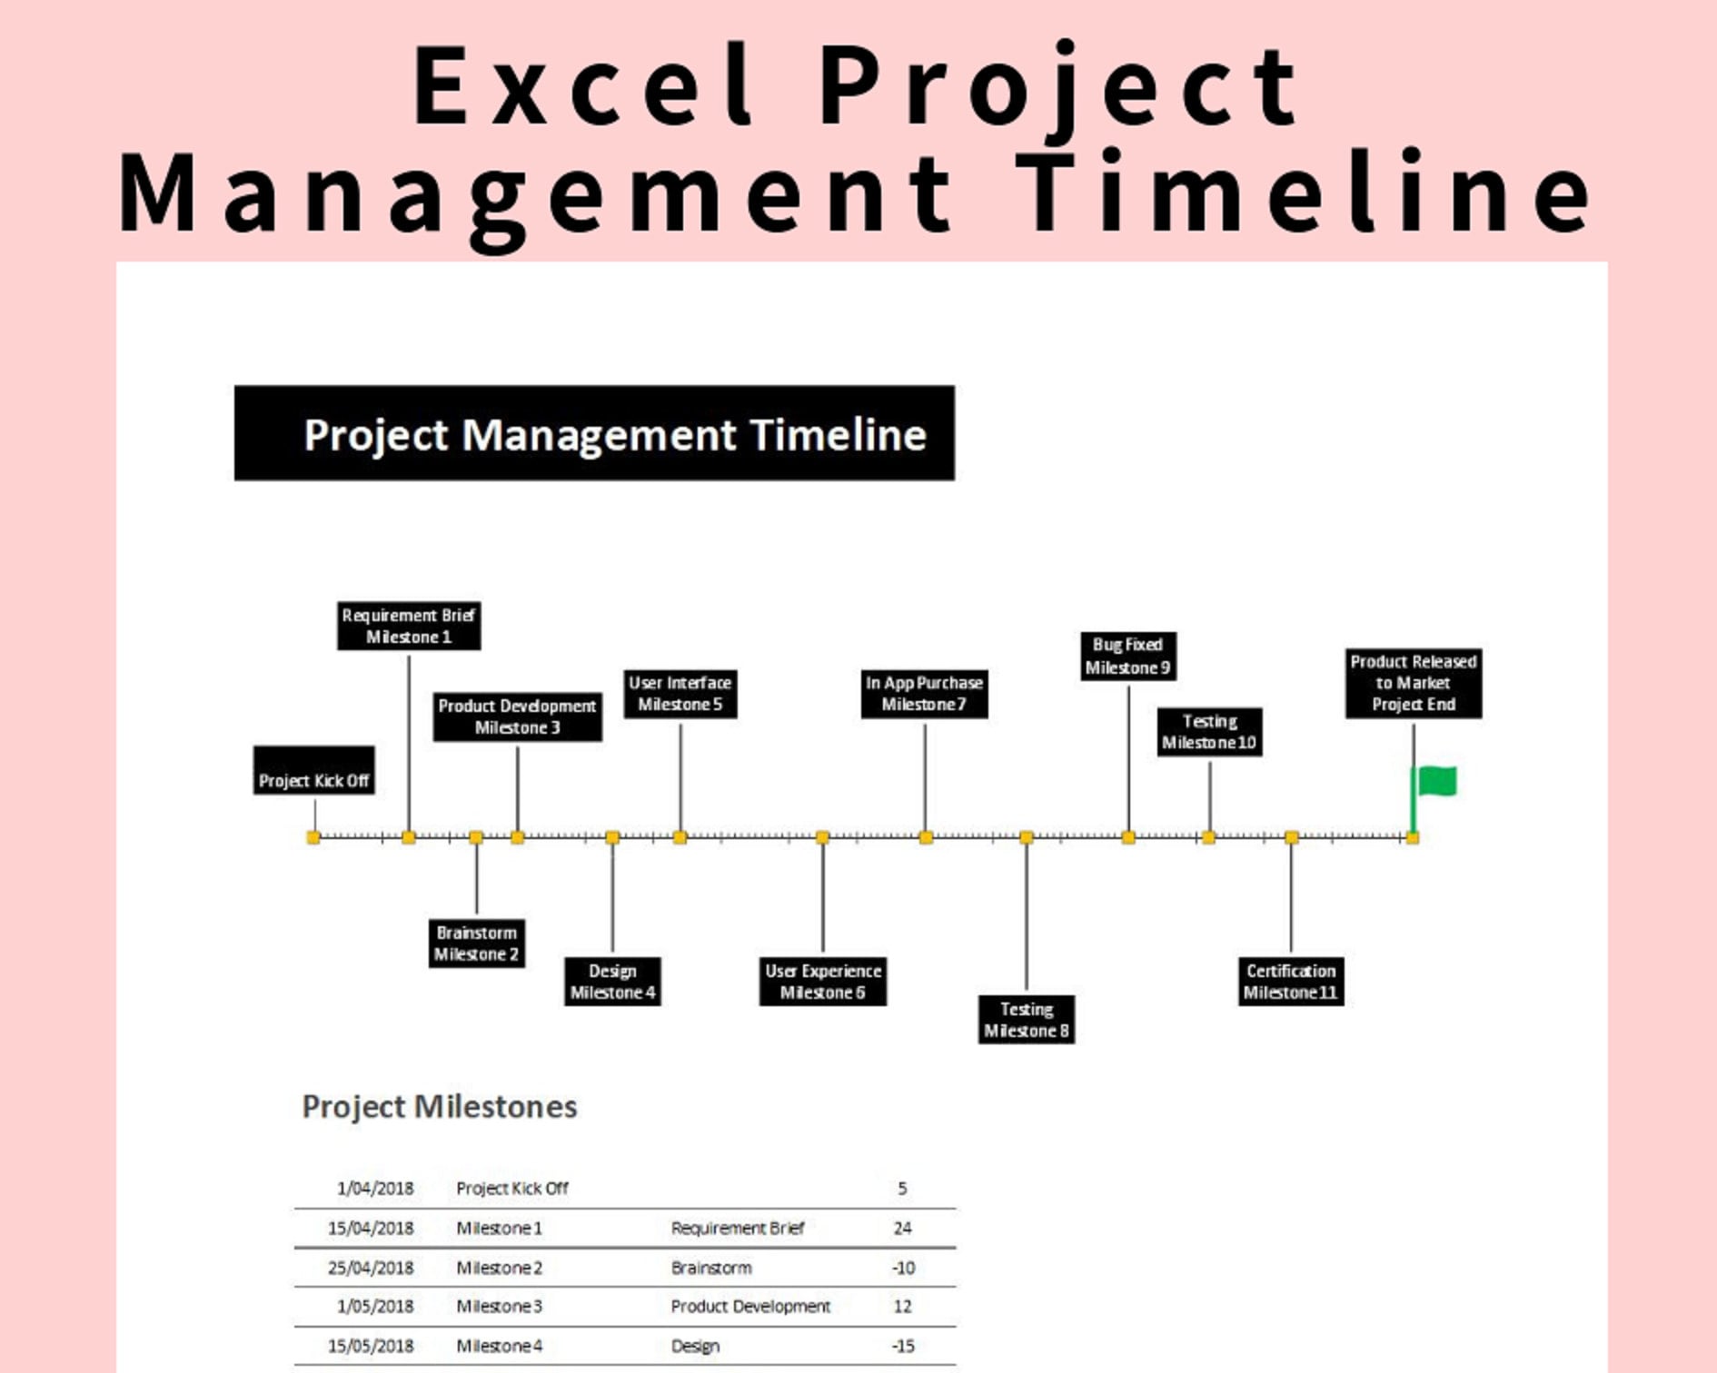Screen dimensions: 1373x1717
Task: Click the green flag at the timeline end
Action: (x=1435, y=781)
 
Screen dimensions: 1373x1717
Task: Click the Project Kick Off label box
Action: (x=313, y=771)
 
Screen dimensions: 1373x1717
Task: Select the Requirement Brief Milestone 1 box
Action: (x=408, y=626)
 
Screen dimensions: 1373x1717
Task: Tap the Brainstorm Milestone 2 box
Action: (x=476, y=943)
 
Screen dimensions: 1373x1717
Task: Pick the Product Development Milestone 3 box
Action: (x=517, y=716)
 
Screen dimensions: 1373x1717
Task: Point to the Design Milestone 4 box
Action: (x=612, y=982)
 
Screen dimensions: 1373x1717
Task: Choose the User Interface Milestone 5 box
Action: (x=680, y=694)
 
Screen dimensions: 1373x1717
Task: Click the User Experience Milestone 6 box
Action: (x=822, y=982)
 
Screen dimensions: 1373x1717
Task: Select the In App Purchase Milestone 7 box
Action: (x=924, y=694)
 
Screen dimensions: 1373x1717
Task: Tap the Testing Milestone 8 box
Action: (x=1027, y=1020)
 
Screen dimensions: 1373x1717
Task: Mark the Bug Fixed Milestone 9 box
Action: (x=1128, y=656)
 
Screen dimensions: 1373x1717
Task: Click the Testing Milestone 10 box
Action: (x=1209, y=732)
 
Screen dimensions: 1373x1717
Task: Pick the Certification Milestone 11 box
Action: (x=1290, y=982)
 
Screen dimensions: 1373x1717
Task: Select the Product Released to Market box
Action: (x=1413, y=683)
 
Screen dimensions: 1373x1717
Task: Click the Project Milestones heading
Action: (x=439, y=1107)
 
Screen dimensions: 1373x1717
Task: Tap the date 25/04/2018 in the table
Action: (x=371, y=1268)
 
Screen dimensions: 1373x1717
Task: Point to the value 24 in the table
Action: (x=902, y=1229)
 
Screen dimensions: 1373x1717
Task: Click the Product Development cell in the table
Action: (x=750, y=1307)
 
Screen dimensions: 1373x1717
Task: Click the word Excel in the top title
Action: (x=582, y=86)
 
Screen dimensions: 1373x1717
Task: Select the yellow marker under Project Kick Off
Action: (x=313, y=837)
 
